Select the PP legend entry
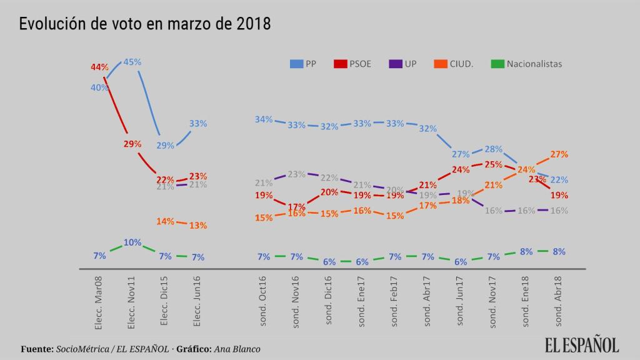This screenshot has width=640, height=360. tap(304, 64)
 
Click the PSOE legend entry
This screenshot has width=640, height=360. tap(353, 64)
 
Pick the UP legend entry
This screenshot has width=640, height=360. tap(403, 64)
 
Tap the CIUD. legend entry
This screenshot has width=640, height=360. tap(454, 64)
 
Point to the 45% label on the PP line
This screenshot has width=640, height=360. tap(132, 62)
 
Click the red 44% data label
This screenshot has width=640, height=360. tap(99, 67)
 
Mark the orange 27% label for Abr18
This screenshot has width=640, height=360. tap(559, 154)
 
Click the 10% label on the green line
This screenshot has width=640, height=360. tap(132, 242)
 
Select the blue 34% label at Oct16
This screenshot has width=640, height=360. tap(264, 119)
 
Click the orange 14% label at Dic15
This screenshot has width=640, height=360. tap(164, 221)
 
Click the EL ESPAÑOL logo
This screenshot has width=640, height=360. tap(581, 345)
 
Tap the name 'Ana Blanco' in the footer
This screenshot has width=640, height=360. tap(237, 349)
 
